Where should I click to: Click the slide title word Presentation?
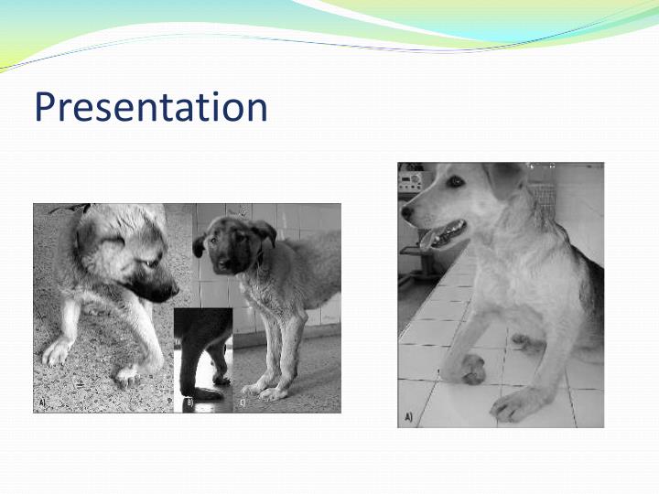[151, 107]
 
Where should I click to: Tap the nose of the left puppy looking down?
[170, 293]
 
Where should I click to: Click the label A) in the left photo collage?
[41, 402]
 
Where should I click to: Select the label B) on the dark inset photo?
[189, 402]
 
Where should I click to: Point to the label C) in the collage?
[242, 402]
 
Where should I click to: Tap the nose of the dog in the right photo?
[406, 212]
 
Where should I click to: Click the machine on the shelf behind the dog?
[409, 179]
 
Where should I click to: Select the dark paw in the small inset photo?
[206, 392]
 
